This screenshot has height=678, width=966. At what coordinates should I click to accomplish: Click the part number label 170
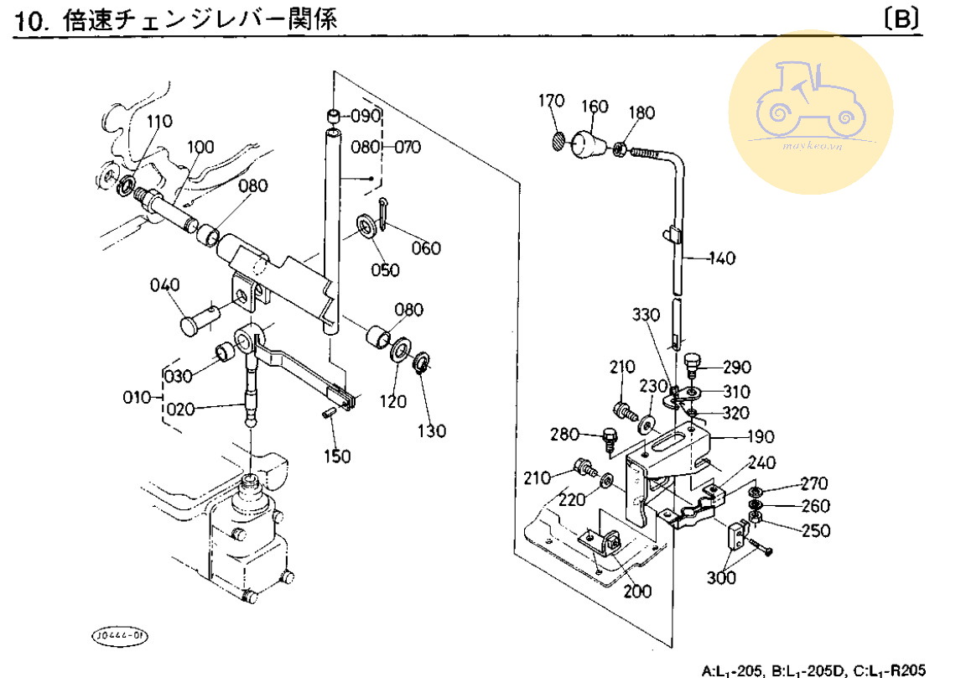click(551, 102)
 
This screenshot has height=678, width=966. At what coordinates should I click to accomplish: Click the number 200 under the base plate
click(637, 591)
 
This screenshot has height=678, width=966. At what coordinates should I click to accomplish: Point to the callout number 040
click(165, 285)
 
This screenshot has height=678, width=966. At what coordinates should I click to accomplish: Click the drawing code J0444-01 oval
click(118, 635)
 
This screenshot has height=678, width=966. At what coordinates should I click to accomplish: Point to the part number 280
click(566, 435)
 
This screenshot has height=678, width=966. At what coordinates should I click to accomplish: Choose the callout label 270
click(813, 483)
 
